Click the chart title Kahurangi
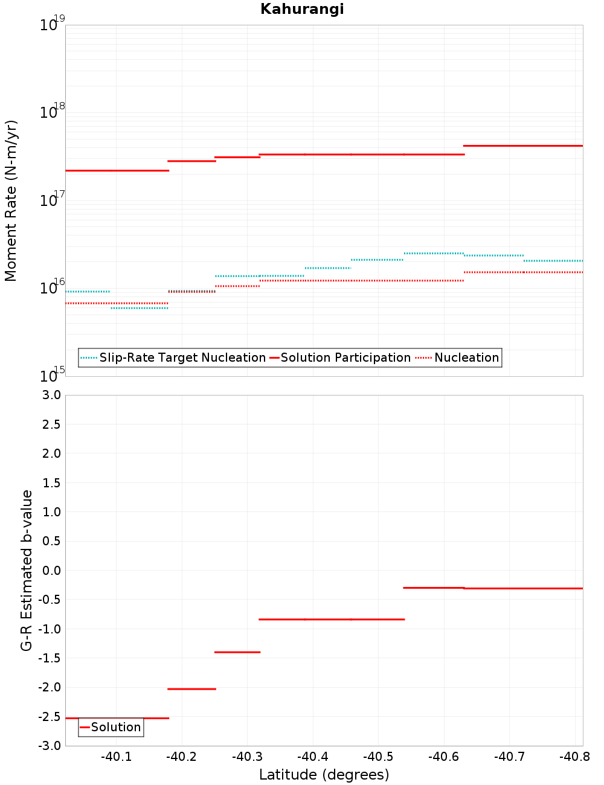coord(302,9)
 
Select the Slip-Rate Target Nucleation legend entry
coord(182,358)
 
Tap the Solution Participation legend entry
coord(345,358)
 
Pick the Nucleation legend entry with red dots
coord(466,358)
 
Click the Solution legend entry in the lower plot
coord(115,727)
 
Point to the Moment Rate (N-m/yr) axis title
coord(11,200)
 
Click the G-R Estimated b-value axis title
coord(27,570)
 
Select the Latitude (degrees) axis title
coord(324,775)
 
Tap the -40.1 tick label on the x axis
coord(116,757)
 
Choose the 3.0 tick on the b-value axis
coord(50,395)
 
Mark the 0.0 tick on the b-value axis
coord(50,570)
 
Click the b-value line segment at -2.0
coord(191,689)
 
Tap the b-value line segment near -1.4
coord(237,652)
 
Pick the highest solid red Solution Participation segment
coord(522,146)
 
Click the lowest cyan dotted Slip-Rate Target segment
coord(140,308)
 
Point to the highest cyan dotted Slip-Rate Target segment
coord(434,254)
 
